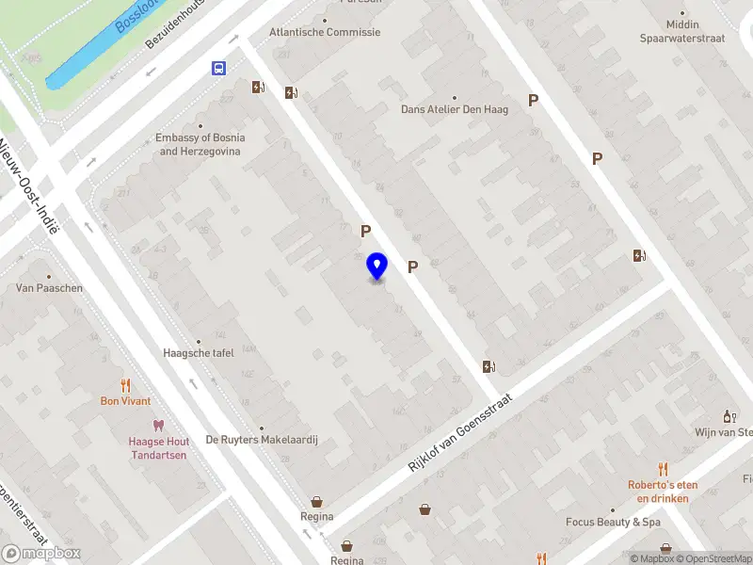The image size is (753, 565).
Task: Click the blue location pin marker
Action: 376,266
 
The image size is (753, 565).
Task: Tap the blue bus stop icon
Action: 218,68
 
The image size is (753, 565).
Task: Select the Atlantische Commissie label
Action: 325,32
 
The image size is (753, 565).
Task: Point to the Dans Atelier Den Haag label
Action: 455,109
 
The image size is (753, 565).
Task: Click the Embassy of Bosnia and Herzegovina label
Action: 200,144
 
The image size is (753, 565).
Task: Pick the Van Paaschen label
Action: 49,288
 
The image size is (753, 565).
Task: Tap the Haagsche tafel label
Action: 198,353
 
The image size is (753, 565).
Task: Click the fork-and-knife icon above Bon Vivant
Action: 125,385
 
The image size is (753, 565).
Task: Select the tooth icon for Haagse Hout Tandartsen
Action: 158,427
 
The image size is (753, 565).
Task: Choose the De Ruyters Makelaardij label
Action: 263,439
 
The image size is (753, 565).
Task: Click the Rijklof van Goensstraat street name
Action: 460,433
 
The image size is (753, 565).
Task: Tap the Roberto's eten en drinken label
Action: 663,492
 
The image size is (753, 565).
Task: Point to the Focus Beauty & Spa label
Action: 613,522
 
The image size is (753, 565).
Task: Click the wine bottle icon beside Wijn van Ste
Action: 728,416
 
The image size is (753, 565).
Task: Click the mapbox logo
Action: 41,553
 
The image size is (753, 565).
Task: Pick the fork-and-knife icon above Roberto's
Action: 663,468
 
